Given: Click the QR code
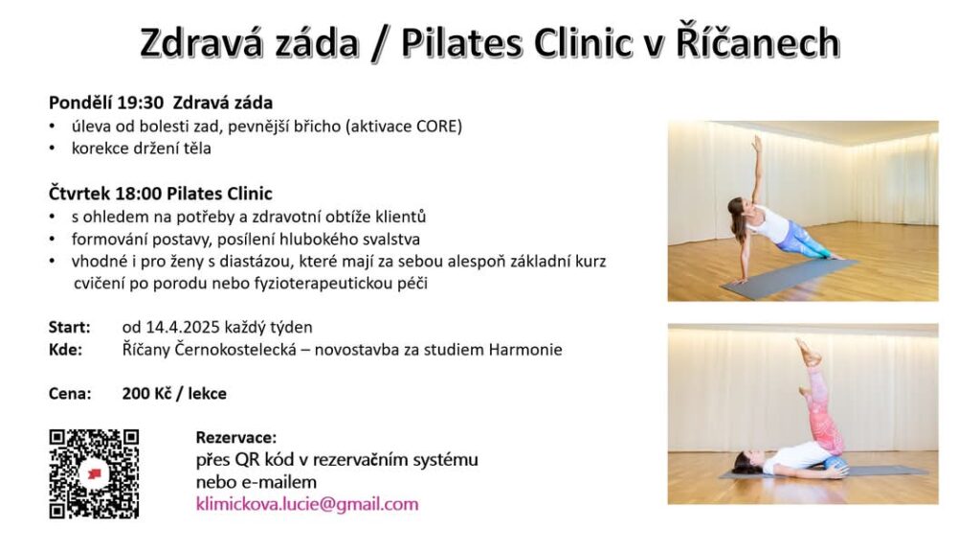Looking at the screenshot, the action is [x=94, y=473].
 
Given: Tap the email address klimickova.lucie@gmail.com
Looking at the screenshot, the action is [x=307, y=504].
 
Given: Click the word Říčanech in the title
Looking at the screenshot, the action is [x=758, y=42].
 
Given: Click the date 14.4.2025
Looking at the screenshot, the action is [x=183, y=328].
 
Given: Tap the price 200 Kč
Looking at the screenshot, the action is [x=146, y=393].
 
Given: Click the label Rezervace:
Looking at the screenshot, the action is [x=236, y=437].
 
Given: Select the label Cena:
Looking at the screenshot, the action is [x=70, y=393].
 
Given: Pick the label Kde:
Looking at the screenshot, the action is [x=66, y=349].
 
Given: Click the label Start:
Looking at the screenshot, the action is [x=69, y=328].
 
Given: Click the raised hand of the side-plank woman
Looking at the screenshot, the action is [x=757, y=144].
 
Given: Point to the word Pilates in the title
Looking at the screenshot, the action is [x=463, y=42].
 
